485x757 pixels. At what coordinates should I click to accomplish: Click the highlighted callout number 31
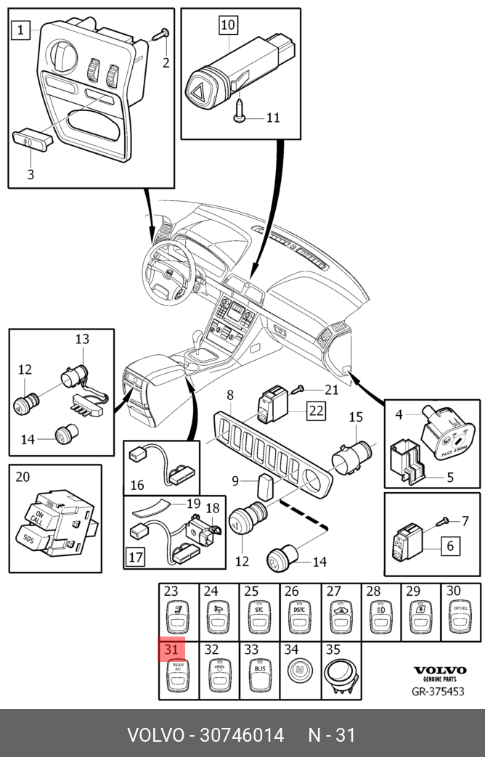click(172, 649)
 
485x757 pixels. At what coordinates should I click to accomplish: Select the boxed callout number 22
click(316, 411)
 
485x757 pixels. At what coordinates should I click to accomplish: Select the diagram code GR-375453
click(438, 691)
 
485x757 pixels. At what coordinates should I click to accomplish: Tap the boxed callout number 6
click(449, 546)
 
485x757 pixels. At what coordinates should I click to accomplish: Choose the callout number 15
click(356, 417)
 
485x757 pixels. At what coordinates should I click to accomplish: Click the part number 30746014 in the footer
click(237, 735)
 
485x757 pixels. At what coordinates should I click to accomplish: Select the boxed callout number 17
click(135, 558)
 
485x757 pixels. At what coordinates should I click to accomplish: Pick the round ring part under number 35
click(340, 673)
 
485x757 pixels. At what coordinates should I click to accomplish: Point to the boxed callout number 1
click(20, 30)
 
